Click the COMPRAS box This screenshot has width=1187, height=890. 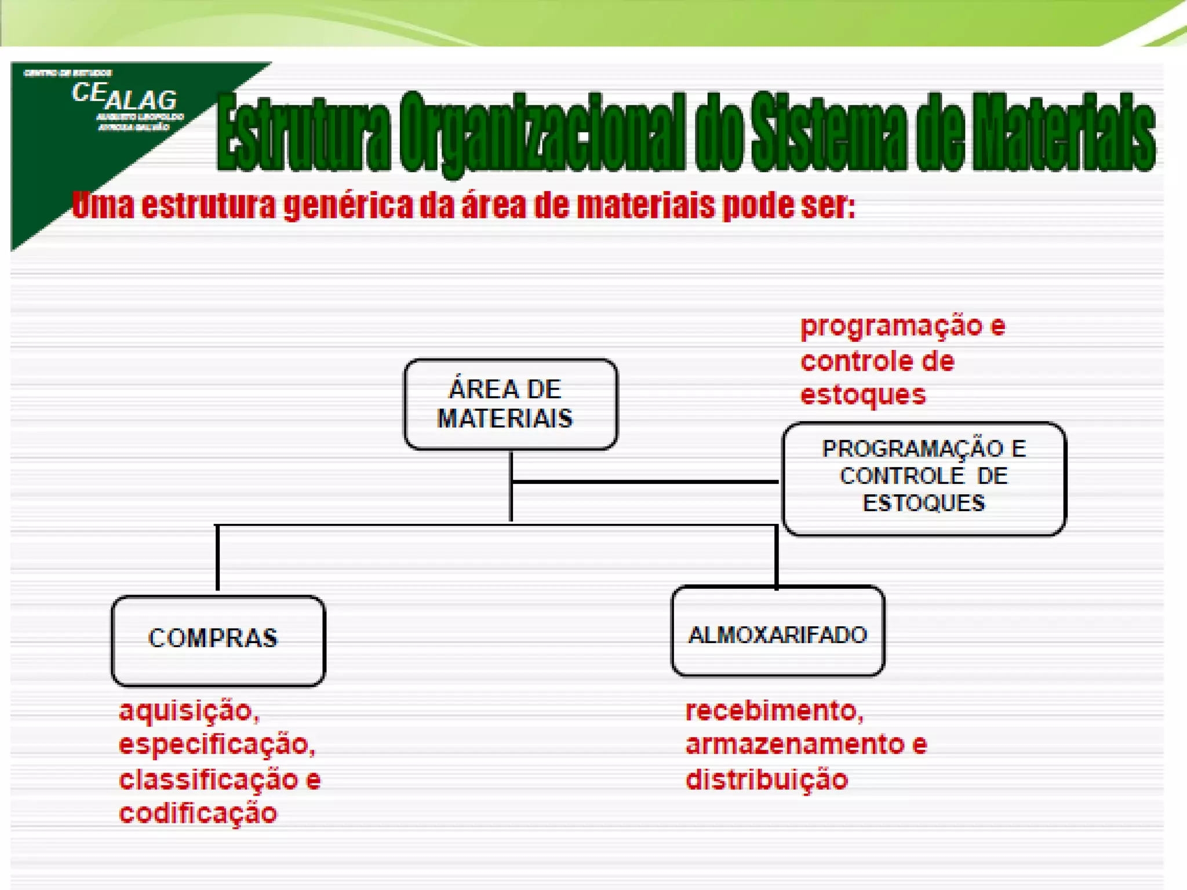tap(218, 640)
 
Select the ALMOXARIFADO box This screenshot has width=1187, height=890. tap(778, 632)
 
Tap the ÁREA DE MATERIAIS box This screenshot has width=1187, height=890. tap(510, 404)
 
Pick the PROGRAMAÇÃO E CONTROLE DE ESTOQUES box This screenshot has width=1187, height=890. tap(924, 478)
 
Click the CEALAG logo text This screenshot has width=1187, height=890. tap(124, 97)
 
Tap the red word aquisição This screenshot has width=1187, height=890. tap(187, 710)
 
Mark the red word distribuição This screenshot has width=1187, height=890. tap(766, 779)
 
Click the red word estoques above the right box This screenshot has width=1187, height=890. tap(862, 395)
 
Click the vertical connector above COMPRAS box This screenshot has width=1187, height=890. tap(217, 557)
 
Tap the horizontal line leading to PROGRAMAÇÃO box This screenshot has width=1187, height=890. tap(643, 482)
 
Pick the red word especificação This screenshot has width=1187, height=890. tap(216, 745)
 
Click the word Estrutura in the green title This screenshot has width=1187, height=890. tap(304, 132)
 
